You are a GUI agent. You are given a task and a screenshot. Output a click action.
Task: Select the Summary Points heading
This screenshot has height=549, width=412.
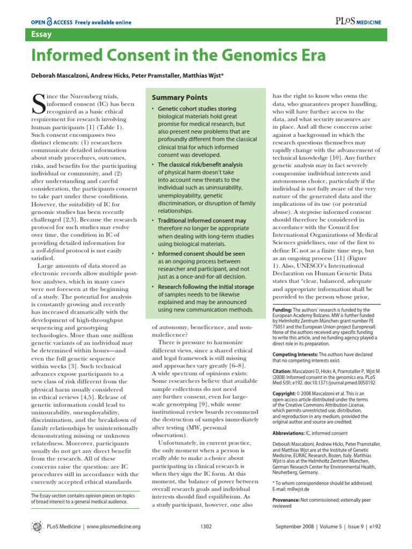[179, 98]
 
